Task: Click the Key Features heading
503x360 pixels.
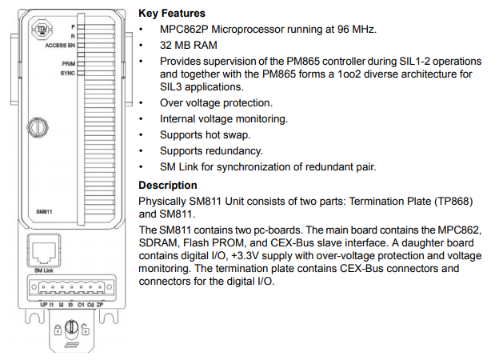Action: (171, 13)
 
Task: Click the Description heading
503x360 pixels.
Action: (167, 186)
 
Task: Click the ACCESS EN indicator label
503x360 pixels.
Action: (60, 46)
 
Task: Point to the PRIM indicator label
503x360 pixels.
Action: (67, 62)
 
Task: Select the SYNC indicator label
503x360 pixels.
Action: (67, 73)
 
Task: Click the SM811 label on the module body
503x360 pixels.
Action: (45, 211)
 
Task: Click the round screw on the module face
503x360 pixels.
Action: (35, 126)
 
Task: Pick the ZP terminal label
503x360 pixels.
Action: (99, 306)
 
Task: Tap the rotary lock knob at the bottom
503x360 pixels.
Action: (70, 326)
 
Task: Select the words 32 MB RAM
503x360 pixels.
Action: (190, 46)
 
